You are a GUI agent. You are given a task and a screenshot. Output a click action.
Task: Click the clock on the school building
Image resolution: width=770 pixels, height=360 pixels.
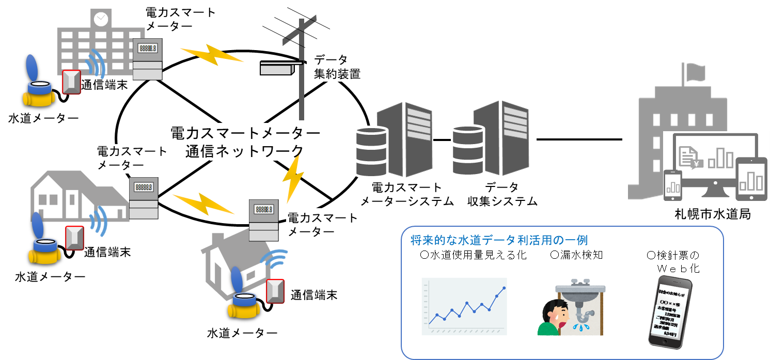(x=101, y=18)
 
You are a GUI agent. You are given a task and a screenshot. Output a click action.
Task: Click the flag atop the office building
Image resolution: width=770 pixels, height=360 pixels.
(x=695, y=73)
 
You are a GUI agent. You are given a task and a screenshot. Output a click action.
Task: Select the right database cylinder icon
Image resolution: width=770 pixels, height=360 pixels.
(x=468, y=150)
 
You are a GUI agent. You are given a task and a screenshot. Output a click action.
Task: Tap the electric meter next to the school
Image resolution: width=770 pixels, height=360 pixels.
(x=147, y=59)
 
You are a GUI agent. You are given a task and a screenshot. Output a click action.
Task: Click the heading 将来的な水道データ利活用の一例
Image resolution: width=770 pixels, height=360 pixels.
(x=499, y=240)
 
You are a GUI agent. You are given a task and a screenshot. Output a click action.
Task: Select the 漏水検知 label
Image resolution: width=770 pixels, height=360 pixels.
(x=576, y=255)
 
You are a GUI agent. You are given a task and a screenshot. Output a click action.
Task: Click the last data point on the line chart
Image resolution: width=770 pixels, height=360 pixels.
(x=504, y=288)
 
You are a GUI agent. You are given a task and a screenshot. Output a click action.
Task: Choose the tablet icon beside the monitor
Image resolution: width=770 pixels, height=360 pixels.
(x=752, y=178)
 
